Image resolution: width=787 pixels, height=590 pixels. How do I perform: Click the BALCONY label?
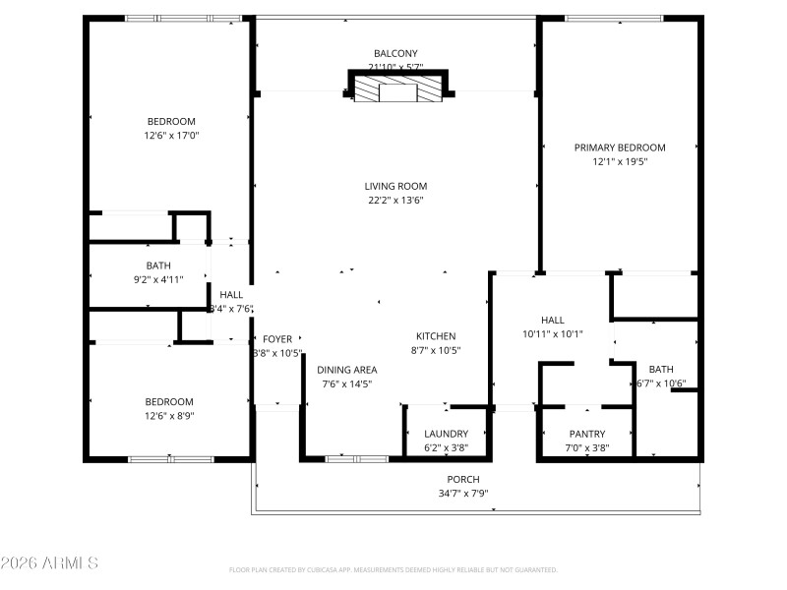pos(395,53)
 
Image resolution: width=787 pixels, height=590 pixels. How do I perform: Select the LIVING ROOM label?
pos(395,186)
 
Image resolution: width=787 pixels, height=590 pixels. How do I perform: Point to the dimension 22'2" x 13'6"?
pos(395,201)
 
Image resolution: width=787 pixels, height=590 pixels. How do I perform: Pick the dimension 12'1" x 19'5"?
pos(620,161)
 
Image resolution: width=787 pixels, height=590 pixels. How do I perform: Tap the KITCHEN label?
pos(436,335)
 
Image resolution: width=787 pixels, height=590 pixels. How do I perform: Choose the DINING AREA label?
pos(346,370)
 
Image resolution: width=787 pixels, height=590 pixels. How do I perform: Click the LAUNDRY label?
pos(446,434)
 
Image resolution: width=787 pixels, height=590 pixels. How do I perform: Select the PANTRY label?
pos(587,434)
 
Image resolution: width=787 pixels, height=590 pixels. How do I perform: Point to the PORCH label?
pos(462,479)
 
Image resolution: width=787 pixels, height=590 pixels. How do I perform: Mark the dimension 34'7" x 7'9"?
pos(462,494)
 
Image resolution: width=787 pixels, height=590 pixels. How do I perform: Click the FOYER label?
pos(277,338)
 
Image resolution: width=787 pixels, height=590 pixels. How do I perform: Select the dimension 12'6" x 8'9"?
pos(169,416)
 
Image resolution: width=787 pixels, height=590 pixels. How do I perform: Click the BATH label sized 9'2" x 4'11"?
pos(158,265)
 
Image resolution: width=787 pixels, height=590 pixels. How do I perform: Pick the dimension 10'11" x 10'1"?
pos(553,333)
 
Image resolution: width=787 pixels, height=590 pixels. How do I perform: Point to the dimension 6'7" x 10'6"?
pos(661,383)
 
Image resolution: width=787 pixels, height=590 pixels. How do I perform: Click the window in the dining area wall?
pos(355,458)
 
